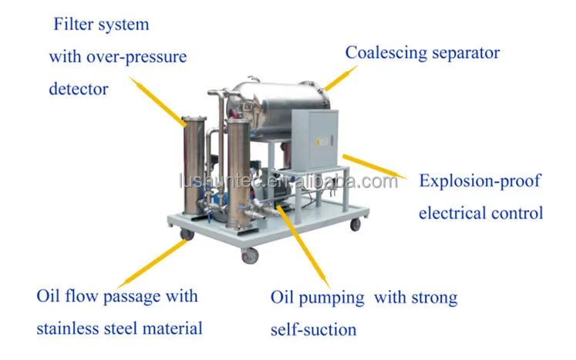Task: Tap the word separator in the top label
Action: [x=466, y=53]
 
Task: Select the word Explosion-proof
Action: [x=480, y=182]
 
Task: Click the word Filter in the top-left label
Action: [x=70, y=25]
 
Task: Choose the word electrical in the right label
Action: [x=453, y=213]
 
